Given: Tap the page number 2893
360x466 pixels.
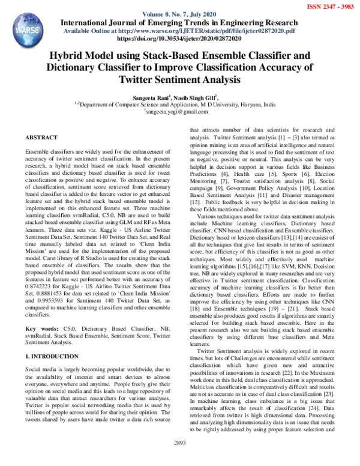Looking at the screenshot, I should coord(179,459).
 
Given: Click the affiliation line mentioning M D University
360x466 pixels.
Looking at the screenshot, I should coord(179,104).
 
